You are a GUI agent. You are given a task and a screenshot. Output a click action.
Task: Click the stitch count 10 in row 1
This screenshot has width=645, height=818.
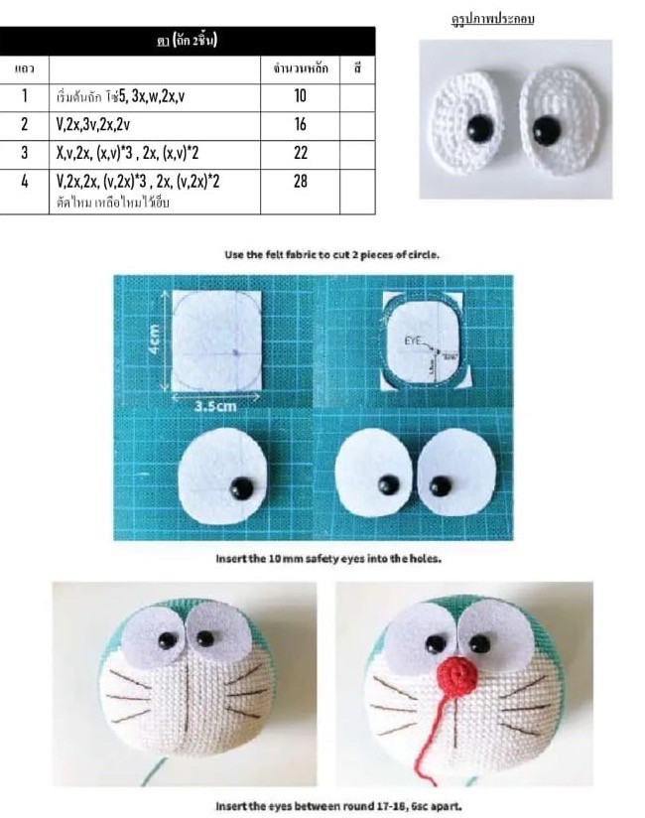pyautogui.click(x=301, y=96)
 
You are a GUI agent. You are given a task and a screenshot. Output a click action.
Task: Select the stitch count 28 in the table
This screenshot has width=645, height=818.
pyautogui.click(x=301, y=182)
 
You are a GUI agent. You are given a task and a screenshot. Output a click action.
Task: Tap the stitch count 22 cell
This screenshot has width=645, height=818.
pyautogui.click(x=301, y=153)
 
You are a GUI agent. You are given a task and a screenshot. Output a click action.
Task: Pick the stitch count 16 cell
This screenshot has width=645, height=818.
pyautogui.click(x=301, y=125)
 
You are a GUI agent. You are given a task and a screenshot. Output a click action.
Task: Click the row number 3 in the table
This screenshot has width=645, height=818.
pyautogui.click(x=24, y=153)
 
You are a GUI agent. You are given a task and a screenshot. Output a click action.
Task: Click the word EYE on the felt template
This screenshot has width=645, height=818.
pyautogui.click(x=413, y=340)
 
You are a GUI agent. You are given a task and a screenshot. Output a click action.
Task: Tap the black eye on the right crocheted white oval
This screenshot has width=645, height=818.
pyautogui.click(x=545, y=127)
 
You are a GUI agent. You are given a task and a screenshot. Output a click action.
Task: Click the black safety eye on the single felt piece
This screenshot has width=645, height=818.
pyautogui.click(x=241, y=486)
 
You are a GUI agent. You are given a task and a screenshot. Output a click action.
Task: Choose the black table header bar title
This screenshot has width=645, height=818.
pyautogui.click(x=188, y=41)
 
